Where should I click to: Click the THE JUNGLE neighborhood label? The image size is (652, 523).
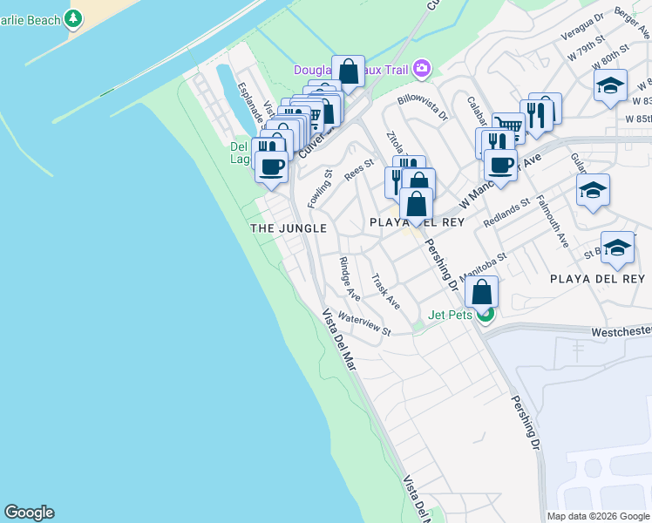click(289, 228)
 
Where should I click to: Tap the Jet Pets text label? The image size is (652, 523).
click(450, 315)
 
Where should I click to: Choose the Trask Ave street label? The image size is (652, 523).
click(385, 292)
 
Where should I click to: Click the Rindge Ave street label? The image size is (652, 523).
click(350, 279)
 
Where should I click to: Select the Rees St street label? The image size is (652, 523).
click(358, 168)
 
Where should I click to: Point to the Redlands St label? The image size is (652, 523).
click(507, 214)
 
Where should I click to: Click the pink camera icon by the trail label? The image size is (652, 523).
click(423, 68)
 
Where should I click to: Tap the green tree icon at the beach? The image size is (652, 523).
click(73, 17)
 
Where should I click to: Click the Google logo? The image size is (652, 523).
click(29, 513)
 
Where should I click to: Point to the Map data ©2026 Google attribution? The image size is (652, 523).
click(597, 516)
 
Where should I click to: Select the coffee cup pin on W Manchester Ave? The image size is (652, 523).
click(500, 166)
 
